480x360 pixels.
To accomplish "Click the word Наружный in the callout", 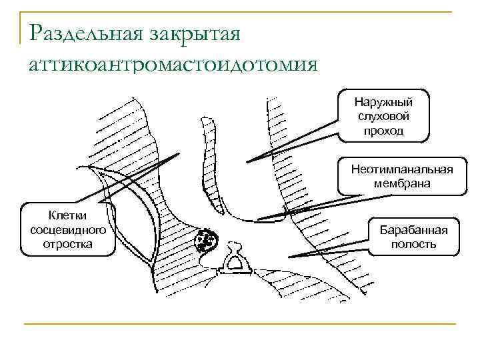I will (383, 103).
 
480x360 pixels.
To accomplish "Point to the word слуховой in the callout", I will (383, 117).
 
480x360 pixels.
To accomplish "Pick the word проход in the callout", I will (383, 131).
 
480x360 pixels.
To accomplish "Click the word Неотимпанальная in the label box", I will (401, 169).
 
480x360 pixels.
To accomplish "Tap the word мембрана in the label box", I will (401, 183).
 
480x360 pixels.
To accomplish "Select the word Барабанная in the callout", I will (413, 230).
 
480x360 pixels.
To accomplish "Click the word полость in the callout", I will (413, 244).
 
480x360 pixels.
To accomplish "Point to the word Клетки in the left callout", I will (67, 215).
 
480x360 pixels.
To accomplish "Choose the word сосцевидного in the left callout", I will (67, 229).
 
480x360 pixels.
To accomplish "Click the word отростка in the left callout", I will (67, 243).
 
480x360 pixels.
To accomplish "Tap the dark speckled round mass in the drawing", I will (205, 240).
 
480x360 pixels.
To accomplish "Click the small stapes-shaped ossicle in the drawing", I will (235, 261).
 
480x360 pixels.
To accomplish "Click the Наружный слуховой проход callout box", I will (383, 116).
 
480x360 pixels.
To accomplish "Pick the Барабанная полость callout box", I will (413, 237).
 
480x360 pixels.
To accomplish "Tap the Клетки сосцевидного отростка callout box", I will (67, 229).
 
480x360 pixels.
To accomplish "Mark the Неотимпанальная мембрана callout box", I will (401, 176).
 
